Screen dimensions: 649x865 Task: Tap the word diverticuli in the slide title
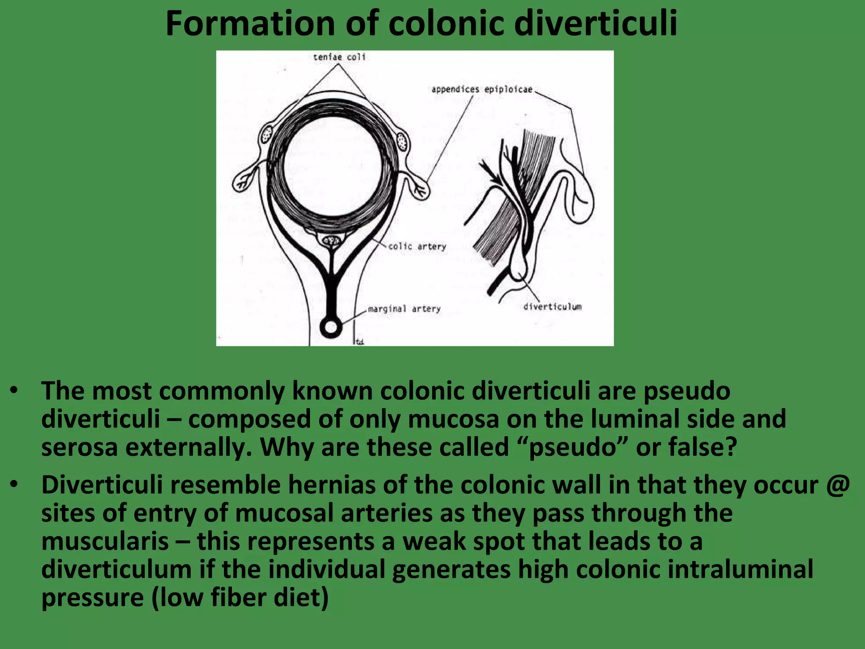click(596, 24)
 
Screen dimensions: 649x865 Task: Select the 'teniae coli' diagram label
click(339, 57)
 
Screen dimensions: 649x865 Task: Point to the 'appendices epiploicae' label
click(482, 90)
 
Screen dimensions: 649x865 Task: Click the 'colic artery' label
click(417, 246)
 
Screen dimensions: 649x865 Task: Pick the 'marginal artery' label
click(404, 309)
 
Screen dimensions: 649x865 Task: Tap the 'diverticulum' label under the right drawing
click(552, 307)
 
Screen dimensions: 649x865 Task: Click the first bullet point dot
click(15, 390)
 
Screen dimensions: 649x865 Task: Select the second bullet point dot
click(15, 485)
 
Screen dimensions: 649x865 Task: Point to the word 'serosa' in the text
click(79, 447)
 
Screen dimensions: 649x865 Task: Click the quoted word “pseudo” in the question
click(573, 447)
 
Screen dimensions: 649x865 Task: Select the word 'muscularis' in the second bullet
click(105, 542)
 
